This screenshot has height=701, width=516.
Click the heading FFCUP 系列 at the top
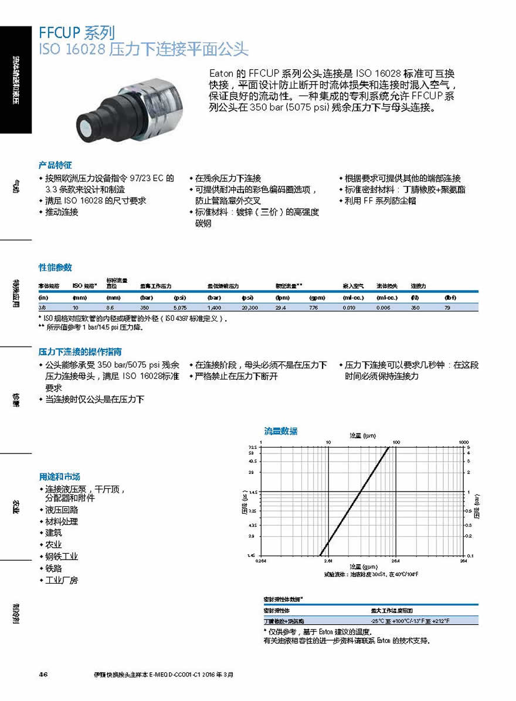pos(76,32)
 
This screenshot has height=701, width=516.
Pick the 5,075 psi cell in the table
pos(179,307)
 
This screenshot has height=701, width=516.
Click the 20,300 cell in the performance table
pos(250,307)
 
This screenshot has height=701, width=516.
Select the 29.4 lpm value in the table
pos(281,307)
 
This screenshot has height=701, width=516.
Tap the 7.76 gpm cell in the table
pos(314,307)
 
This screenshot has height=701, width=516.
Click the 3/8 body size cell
pos(42,307)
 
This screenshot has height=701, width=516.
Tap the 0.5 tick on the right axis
pos(468,510)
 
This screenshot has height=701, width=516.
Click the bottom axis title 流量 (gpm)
pos(362,567)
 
